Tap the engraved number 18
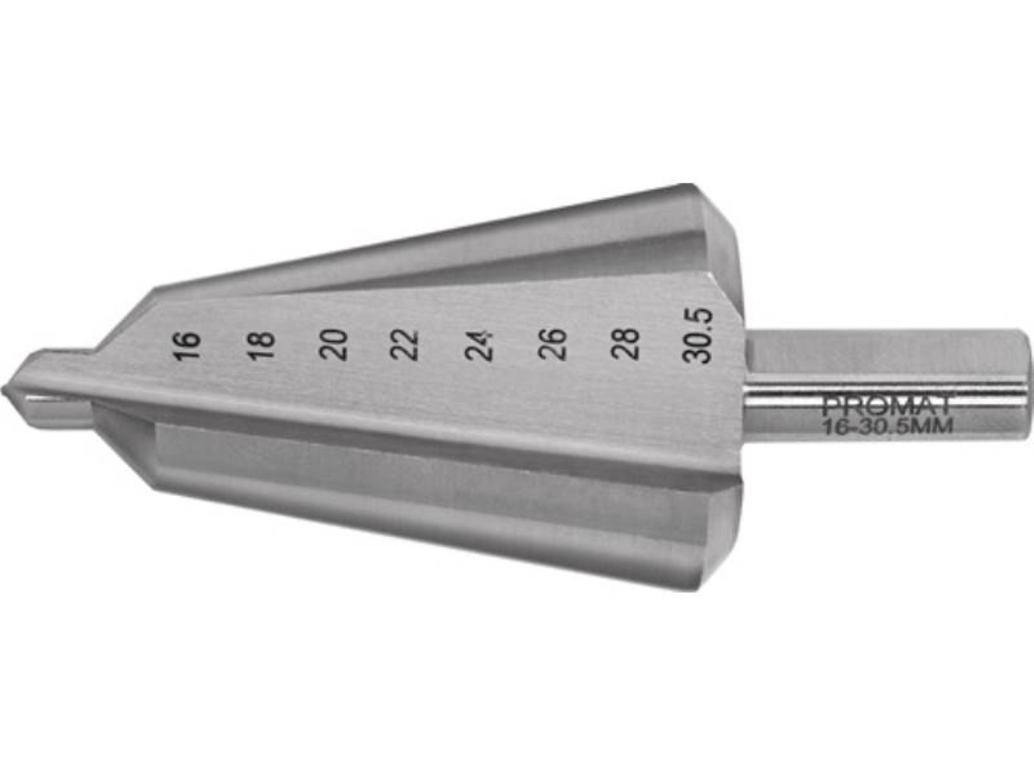[x=260, y=346]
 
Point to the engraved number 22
[x=405, y=345]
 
